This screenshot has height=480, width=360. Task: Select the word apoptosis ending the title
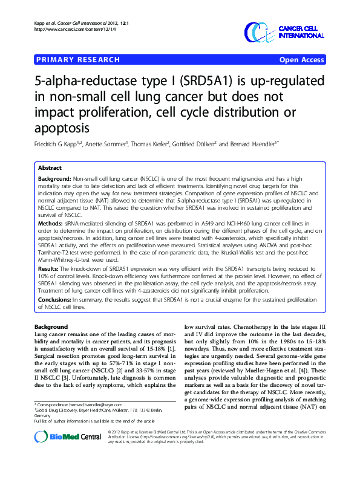pyautogui.click(x=63, y=128)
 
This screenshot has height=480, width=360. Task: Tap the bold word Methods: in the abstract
pyautogui.click(x=51, y=222)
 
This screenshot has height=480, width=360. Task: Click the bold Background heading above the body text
pyautogui.click(x=51, y=326)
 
